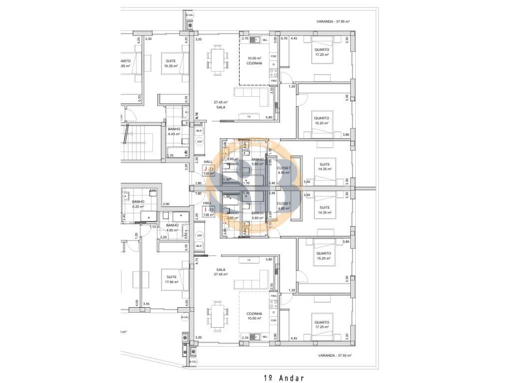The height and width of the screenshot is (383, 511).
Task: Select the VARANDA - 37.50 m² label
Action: [334, 356]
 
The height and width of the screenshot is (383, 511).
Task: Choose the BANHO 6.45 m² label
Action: [174, 131]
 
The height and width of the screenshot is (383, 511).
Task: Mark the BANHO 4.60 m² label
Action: [172, 227]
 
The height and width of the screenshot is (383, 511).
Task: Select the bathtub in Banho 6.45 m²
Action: [176, 150]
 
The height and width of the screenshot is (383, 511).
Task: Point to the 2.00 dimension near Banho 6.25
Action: [166, 204]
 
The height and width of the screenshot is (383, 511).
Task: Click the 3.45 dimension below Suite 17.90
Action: [146, 304]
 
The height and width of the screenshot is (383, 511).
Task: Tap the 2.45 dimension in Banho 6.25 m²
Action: [124, 217]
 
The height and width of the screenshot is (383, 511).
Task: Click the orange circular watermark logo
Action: [255, 187]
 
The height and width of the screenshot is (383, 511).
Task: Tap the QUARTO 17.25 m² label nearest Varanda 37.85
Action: [321, 52]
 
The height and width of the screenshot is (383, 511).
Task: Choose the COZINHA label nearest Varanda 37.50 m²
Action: [254, 314]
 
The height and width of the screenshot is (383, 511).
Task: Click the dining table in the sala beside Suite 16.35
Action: [217, 60]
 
